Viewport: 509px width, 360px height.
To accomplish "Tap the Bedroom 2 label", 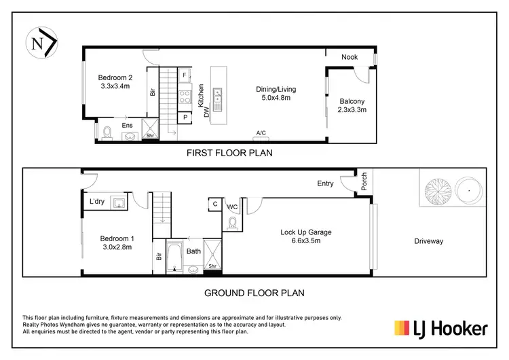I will point(115,82).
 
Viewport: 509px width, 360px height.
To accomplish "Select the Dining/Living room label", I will point(276,93).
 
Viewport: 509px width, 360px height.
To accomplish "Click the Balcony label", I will point(352,105).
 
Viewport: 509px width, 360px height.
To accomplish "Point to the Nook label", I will point(350,57).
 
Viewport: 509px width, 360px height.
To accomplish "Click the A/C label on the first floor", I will point(261,133).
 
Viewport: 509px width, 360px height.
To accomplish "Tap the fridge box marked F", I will point(185,75).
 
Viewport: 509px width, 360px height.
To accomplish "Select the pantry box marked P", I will point(185,118).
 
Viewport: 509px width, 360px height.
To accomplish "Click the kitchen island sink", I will point(216,101).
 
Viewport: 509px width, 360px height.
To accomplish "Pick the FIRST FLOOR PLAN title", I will point(229,154).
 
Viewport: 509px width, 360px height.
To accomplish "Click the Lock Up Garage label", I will point(306,236).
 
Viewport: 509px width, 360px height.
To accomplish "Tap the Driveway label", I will point(428,241).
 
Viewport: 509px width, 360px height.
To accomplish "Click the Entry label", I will point(326,183).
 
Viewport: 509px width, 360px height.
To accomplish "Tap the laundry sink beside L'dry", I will point(119,202).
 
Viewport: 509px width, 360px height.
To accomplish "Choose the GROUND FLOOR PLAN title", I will point(254,293).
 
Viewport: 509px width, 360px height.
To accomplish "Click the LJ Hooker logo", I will point(441,329).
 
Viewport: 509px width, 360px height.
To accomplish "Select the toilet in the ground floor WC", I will point(233,222).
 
